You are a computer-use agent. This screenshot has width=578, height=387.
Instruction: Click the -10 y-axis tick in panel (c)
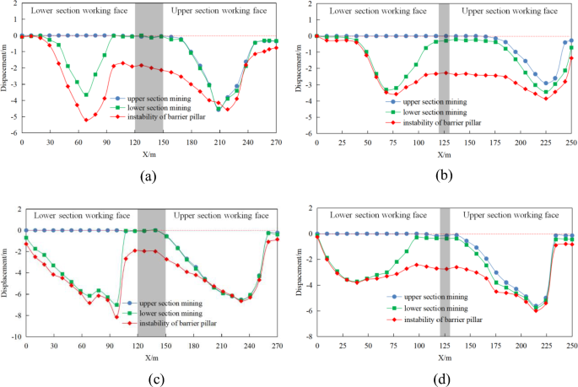[13, 336]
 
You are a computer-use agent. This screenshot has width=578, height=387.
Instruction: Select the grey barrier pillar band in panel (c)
[150, 278]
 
